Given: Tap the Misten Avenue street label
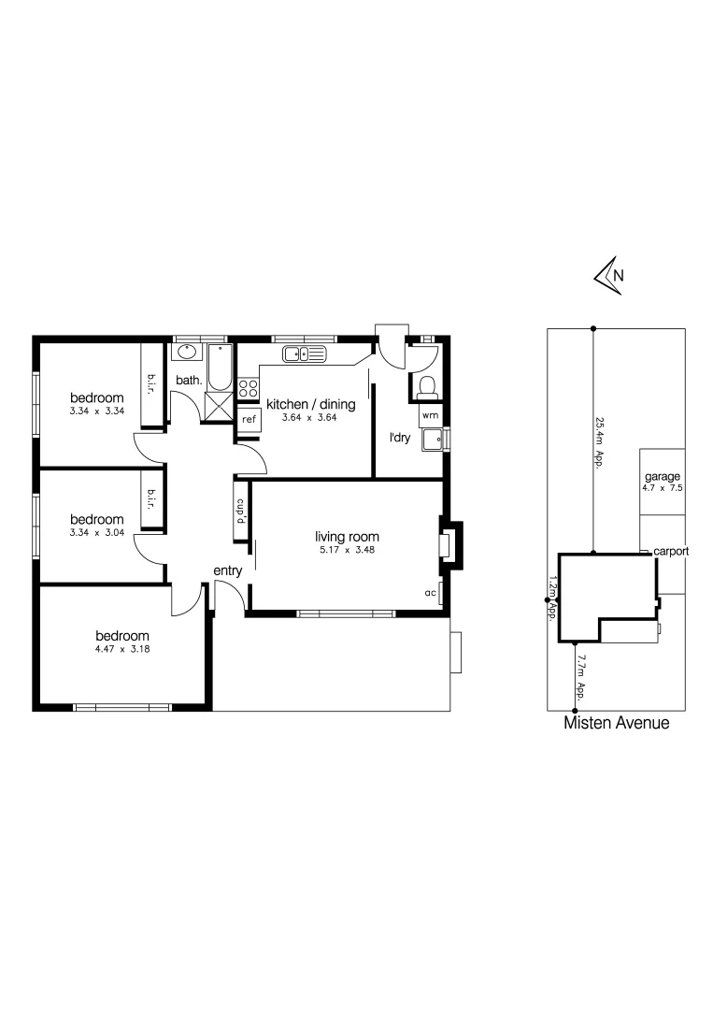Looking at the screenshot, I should (617, 723).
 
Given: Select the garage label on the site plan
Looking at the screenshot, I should (662, 476).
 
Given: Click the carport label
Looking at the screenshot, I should (671, 552).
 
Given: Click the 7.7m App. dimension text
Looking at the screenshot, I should (580, 678).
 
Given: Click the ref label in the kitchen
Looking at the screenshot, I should (249, 420).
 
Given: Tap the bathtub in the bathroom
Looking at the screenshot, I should (220, 367).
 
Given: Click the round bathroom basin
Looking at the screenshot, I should (185, 353).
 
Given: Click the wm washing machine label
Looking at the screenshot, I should (430, 414).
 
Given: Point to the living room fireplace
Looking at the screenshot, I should (449, 544).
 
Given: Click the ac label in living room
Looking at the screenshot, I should (432, 593).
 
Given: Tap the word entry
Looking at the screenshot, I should (228, 571).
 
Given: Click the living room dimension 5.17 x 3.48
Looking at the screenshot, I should (347, 550).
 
